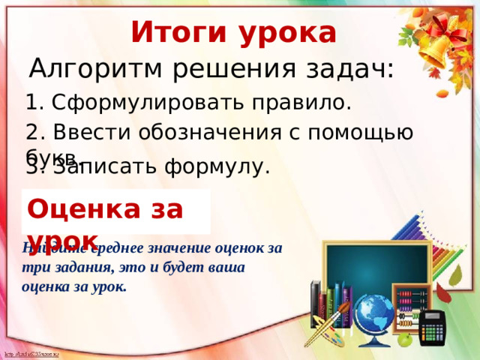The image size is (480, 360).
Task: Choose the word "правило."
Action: (304, 102)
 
